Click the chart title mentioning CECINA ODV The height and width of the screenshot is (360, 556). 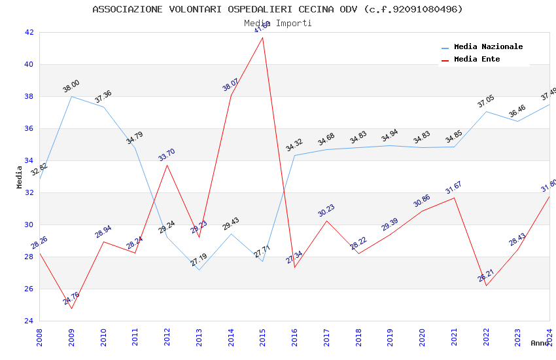277,9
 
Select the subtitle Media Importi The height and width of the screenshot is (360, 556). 277,23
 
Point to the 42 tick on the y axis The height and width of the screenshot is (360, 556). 29,32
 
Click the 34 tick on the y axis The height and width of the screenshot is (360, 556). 29,160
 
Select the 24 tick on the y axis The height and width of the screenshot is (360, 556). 29,321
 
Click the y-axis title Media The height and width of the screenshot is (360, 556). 20,177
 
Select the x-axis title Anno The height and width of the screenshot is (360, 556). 540,343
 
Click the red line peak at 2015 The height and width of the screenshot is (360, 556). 263,37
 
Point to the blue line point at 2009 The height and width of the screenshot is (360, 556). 71,96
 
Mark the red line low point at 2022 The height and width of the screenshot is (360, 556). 486,285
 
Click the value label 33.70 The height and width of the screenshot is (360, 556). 167,155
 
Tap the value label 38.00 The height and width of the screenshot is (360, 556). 71,86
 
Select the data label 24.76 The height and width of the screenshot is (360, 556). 71,298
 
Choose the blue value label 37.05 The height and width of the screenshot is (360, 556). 486,101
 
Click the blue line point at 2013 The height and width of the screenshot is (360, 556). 199,270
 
